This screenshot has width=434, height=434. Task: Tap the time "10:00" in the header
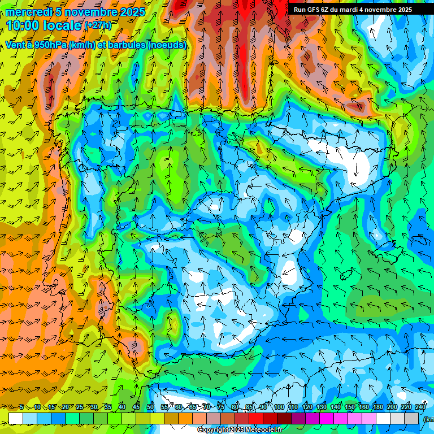tap(23, 25)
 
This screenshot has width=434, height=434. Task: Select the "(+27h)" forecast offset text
tap(98, 25)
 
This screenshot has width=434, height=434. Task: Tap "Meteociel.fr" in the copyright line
tap(264, 430)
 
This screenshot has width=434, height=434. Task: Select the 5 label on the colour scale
tap(21, 407)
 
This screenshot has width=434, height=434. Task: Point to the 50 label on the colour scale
tap(150, 407)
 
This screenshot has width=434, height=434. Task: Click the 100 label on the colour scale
tap(279, 407)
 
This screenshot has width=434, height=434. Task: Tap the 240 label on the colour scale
tap(420, 407)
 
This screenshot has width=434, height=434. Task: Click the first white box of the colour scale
tap(15, 418)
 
